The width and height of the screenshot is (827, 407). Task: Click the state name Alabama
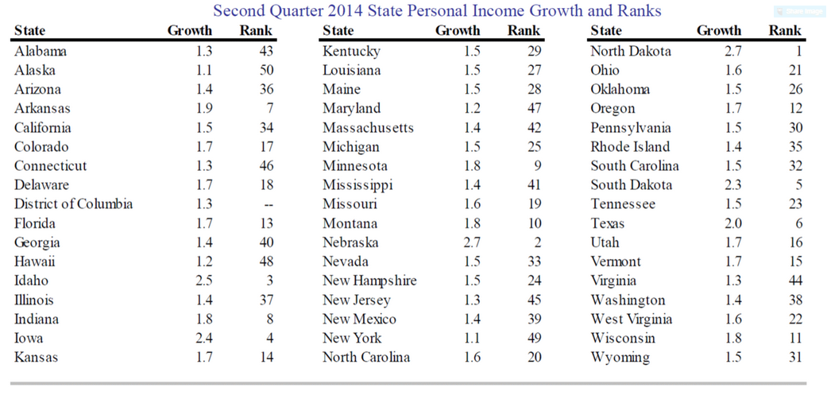click(41, 51)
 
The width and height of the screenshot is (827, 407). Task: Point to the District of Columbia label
click(73, 203)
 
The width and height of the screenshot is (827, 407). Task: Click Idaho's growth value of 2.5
click(203, 281)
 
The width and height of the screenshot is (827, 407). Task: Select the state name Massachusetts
click(368, 128)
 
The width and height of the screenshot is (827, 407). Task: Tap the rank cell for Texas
click(799, 223)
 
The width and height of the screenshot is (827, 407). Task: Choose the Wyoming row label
click(620, 358)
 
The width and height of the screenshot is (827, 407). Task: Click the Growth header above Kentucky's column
click(458, 31)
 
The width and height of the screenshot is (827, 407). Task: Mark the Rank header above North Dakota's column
click(786, 31)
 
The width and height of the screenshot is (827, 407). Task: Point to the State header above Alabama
click(29, 31)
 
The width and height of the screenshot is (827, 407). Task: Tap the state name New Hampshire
click(369, 281)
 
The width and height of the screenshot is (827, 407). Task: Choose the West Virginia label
click(632, 320)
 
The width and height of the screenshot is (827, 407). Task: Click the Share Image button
click(799, 11)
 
